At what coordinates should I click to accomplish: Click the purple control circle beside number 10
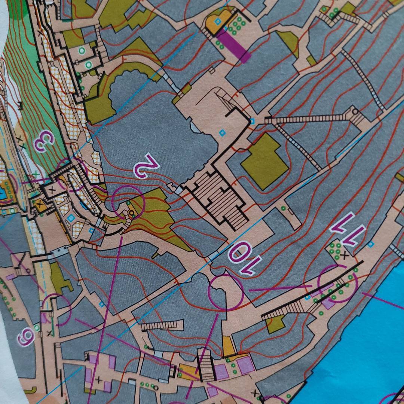click(x=226, y=292)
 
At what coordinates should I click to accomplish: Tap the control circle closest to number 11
click(x=337, y=284)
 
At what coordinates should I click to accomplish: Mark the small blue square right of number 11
click(x=371, y=245)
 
